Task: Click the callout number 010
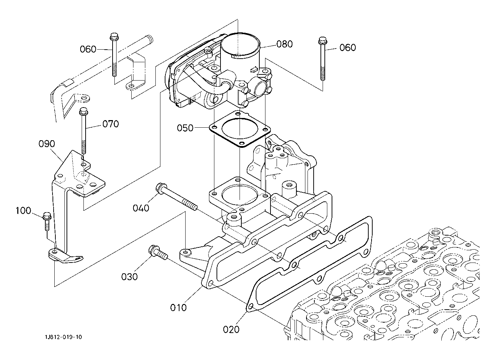pos(178,308)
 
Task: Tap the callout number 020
pos(231,330)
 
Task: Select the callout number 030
pos(129,277)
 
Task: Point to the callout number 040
pos(141,208)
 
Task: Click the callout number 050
pos(185,128)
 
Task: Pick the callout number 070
pos(111,124)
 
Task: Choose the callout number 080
pos(285,44)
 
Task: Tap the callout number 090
pos(47,144)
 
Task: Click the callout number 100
pos(23,210)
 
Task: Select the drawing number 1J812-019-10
pos(64,337)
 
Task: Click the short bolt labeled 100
pos(47,222)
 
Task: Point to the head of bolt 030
pos(153,250)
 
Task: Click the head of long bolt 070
pos(84,111)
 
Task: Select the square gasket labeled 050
pos(240,129)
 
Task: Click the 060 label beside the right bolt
pos(348,47)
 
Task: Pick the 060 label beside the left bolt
pos(88,49)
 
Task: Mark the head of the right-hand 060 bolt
pos(323,41)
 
